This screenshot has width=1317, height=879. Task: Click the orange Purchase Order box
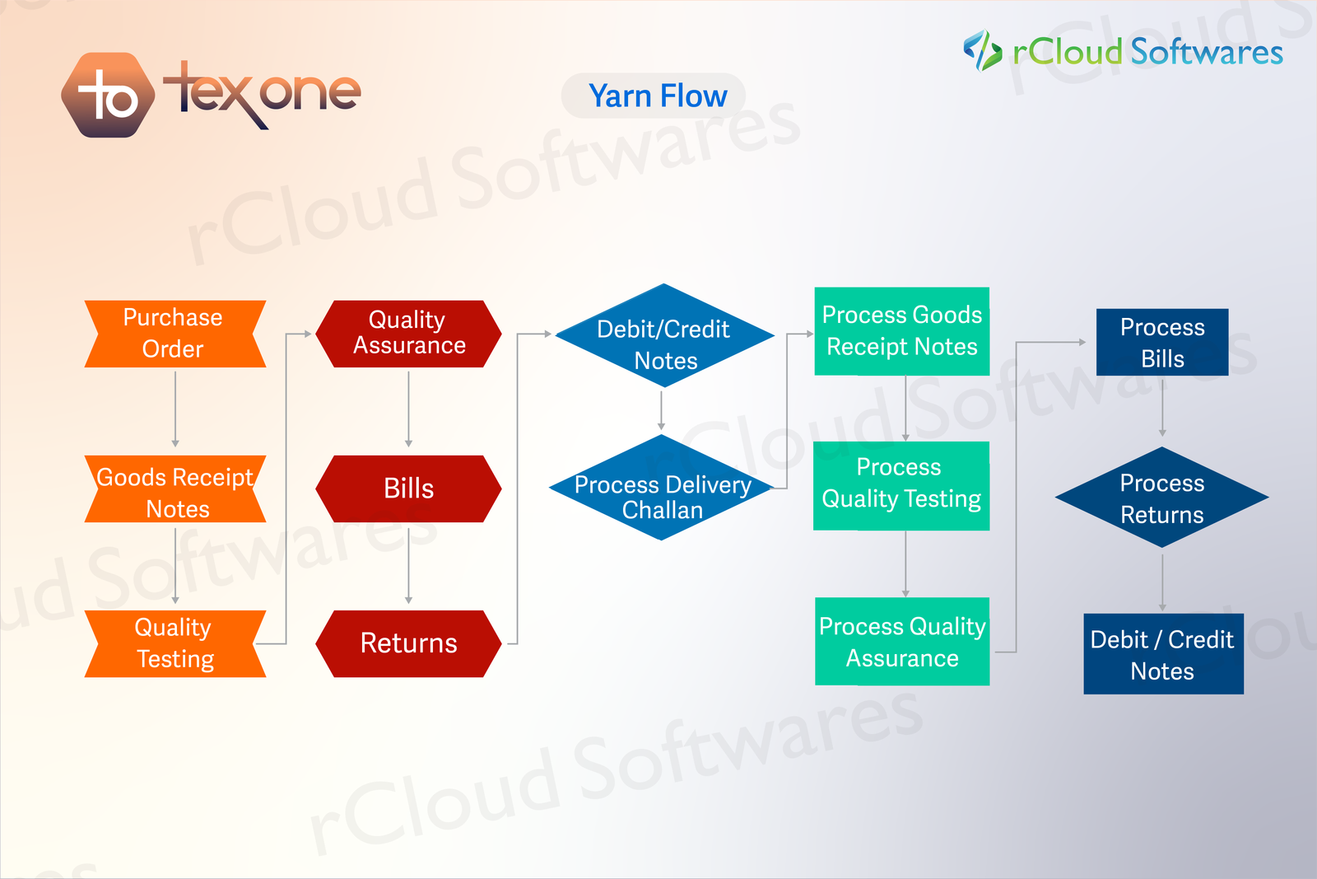(x=175, y=334)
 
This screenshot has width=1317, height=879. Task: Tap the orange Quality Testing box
(x=175, y=643)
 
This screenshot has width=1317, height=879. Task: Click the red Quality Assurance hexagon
(x=408, y=334)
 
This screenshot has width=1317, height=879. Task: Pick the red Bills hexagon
(x=408, y=489)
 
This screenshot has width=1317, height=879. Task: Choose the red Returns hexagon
(x=408, y=643)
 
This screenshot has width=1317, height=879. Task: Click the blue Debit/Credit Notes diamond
(x=664, y=336)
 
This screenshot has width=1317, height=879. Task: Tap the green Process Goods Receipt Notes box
(x=902, y=331)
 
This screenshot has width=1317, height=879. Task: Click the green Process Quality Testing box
(x=901, y=486)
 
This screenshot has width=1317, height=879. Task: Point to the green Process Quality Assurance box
(x=902, y=642)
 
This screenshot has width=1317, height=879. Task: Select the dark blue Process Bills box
(x=1162, y=342)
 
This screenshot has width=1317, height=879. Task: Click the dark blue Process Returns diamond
(x=1162, y=498)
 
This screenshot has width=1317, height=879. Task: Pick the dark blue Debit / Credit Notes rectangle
(x=1163, y=654)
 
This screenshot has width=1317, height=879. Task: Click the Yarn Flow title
(x=657, y=96)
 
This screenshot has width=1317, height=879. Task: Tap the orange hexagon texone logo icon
(x=108, y=96)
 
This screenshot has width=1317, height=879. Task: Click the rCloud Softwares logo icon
(x=982, y=50)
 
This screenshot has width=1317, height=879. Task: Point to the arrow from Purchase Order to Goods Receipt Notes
(x=175, y=409)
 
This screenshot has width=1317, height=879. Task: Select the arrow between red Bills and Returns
(x=408, y=565)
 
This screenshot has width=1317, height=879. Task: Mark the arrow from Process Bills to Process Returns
(x=1162, y=407)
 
